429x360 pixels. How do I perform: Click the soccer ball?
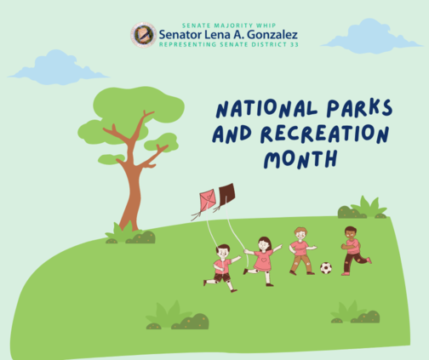click(326, 268)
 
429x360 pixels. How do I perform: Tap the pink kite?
click(208, 200)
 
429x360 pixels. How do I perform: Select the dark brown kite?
click(226, 193)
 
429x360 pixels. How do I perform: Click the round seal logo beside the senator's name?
click(144, 35)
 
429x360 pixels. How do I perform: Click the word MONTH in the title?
click(300, 159)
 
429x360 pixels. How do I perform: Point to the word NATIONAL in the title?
click(266, 109)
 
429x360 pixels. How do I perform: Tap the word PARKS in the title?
click(359, 108)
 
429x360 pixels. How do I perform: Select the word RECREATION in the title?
click(325, 134)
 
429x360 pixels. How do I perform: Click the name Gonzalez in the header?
click(272, 35)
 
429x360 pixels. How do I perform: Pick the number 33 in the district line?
click(295, 44)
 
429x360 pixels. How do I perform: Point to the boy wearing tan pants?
click(302, 251)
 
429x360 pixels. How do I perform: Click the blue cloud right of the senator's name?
click(371, 36)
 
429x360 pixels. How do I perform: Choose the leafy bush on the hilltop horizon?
click(363, 208)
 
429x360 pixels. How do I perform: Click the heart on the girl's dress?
click(264, 260)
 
